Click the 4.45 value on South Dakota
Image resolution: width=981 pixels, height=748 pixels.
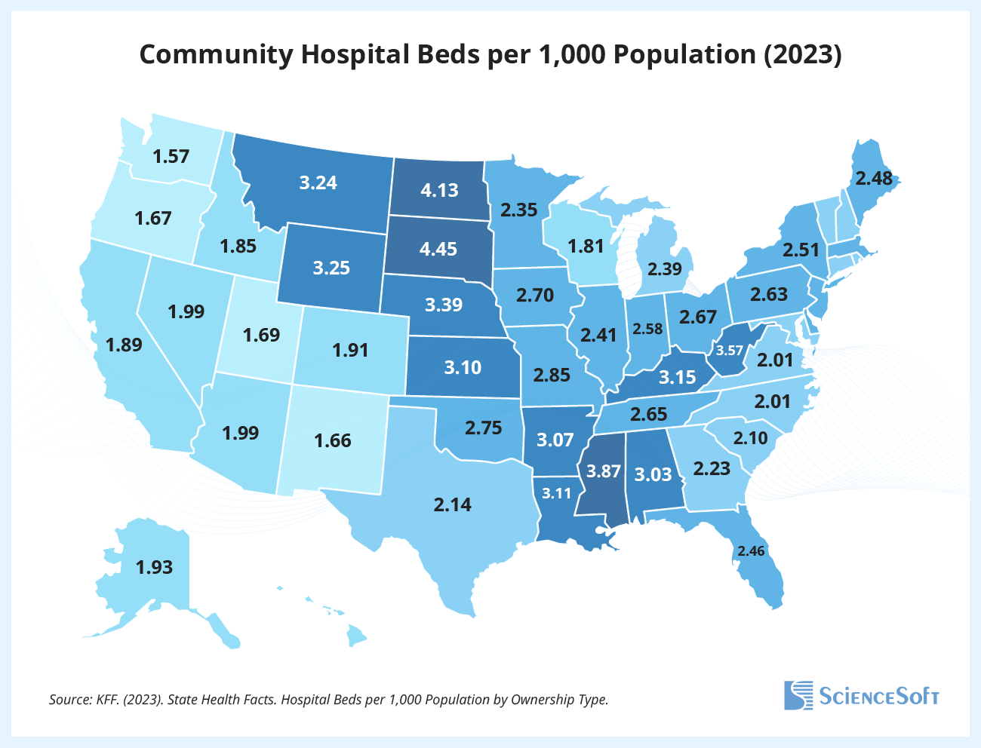pyautogui.click(x=438, y=248)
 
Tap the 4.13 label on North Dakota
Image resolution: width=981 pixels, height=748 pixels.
pyautogui.click(x=439, y=190)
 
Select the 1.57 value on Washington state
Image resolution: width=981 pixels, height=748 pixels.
pyautogui.click(x=171, y=157)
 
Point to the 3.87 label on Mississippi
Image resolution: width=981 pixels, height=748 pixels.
pyautogui.click(x=604, y=472)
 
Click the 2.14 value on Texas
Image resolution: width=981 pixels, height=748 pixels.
pyautogui.click(x=452, y=504)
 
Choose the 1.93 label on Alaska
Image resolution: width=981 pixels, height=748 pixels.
pyautogui.click(x=154, y=567)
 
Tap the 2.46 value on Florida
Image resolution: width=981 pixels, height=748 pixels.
pyautogui.click(x=751, y=551)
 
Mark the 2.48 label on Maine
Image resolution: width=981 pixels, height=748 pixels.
pyautogui.click(x=873, y=179)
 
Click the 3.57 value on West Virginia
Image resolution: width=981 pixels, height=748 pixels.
pyautogui.click(x=730, y=351)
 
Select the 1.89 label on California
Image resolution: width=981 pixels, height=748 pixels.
pyautogui.click(x=124, y=345)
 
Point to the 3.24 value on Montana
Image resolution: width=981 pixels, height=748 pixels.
pyautogui.click(x=318, y=182)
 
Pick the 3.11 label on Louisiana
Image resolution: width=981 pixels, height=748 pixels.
pyautogui.click(x=557, y=495)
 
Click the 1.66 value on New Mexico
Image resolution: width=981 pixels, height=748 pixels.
pyautogui.click(x=333, y=440)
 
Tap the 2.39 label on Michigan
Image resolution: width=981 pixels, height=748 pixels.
pyautogui.click(x=665, y=269)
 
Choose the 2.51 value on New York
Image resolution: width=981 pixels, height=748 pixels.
pyautogui.click(x=801, y=250)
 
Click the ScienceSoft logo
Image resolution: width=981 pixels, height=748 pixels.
pyautogui.click(x=861, y=694)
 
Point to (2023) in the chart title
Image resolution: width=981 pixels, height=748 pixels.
pyautogui.click(x=803, y=55)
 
